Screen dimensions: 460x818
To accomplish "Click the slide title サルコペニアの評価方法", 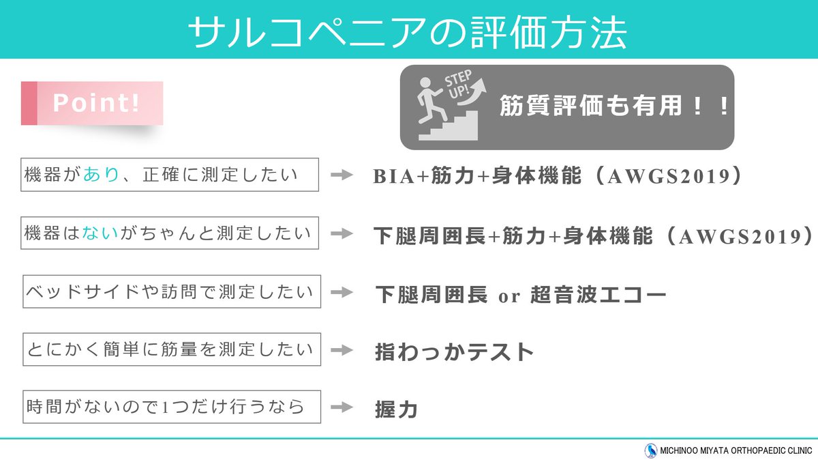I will (407, 31).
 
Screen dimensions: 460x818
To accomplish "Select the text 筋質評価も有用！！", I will (614, 107).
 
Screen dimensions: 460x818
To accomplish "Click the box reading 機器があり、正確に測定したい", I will (170, 175).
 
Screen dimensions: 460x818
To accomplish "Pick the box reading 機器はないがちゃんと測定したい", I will (170, 233).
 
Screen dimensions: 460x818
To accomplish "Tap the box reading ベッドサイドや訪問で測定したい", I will (171, 292).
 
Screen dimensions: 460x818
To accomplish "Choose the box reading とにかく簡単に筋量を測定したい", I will (171, 350).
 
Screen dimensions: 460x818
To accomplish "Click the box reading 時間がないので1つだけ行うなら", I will (171, 407).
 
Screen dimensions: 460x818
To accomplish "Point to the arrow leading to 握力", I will (342, 408).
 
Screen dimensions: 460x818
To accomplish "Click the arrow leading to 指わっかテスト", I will (342, 351).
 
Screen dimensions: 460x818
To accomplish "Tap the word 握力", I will (396, 409).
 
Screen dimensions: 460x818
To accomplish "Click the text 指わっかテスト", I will (454, 352).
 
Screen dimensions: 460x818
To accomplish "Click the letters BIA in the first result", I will (392, 177).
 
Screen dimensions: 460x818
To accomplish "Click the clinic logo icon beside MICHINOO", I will (650, 450).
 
